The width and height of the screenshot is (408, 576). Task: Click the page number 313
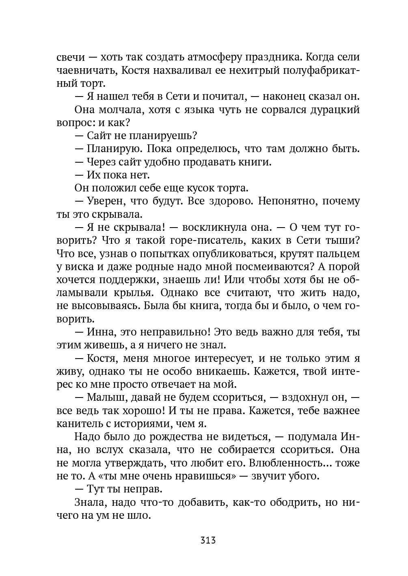click(207, 540)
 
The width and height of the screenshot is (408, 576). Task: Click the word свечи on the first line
click(69, 57)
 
